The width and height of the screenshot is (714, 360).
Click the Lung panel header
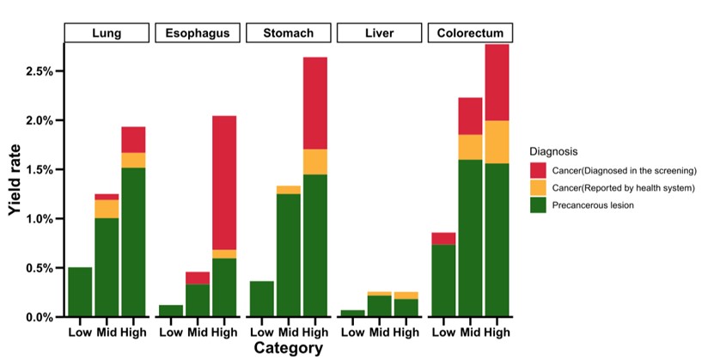pos(107,34)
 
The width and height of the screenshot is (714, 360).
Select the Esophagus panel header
pos(197,34)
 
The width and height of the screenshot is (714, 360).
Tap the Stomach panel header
pos(288,34)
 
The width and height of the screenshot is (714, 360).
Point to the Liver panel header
pos(379,34)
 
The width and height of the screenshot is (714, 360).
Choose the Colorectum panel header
pos(470,34)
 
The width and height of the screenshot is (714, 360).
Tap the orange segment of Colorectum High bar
pos(497,142)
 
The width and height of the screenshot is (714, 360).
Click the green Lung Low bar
pos(80,292)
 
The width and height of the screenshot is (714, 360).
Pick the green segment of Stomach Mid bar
pos(288,255)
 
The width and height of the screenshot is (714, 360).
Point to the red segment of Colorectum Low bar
pos(443,239)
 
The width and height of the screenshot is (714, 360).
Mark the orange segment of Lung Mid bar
pos(107,209)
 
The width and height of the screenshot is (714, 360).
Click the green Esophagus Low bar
pos(171,311)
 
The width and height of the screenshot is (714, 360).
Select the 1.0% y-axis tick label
pos(40,219)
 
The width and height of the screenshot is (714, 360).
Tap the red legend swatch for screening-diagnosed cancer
pos(539,170)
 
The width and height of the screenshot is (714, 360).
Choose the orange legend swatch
pos(539,187)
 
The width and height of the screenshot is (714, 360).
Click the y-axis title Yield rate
pos(15,192)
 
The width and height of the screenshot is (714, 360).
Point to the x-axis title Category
pos(288,348)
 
